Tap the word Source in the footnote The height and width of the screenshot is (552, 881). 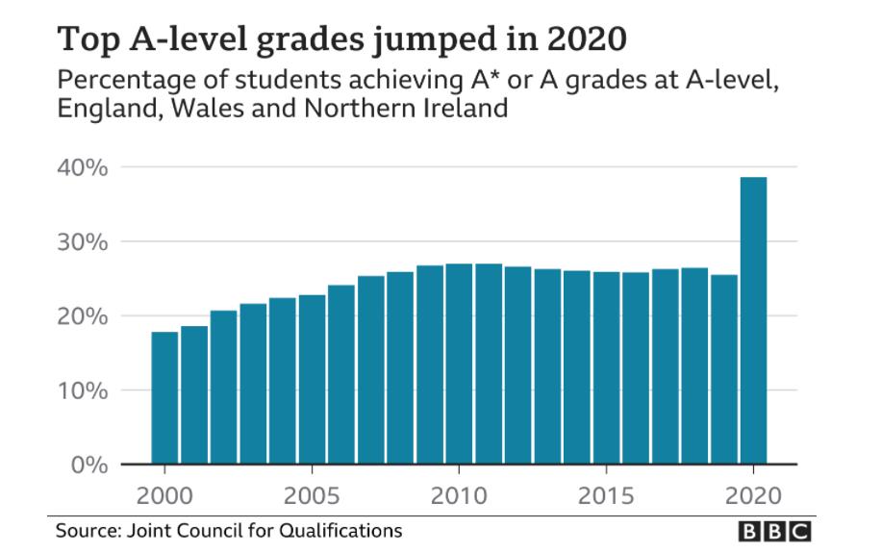(x=81, y=530)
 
